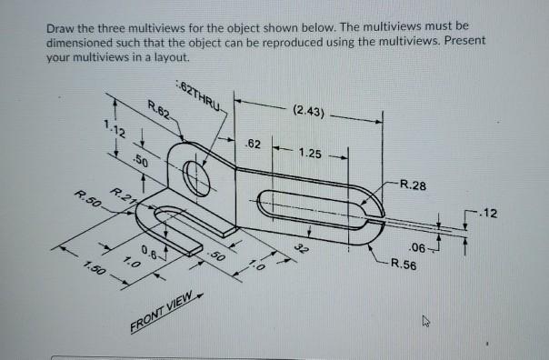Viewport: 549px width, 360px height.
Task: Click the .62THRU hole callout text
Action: tap(203, 95)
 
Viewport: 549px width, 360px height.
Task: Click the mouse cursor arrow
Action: tap(429, 320)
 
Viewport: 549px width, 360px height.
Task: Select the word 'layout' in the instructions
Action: tap(170, 57)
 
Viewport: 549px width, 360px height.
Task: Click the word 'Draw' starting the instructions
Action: tap(62, 28)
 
